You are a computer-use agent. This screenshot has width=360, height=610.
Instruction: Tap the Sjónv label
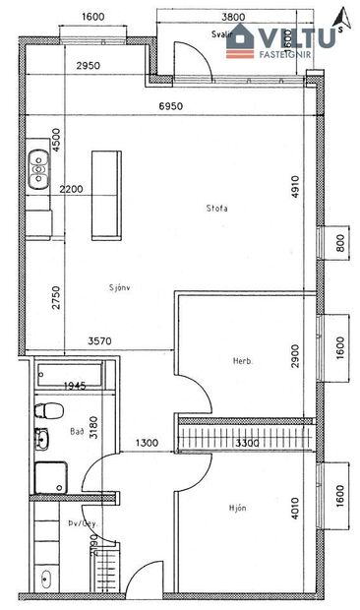(121, 288)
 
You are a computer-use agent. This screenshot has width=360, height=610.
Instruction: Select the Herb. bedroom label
(243, 361)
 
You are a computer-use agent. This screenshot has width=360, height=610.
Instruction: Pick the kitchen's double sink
(39, 168)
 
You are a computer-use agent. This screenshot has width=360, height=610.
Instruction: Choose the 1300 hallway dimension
(147, 444)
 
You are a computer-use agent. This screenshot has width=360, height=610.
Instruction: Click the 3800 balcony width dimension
(234, 18)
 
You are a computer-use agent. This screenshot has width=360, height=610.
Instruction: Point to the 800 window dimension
(339, 244)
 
